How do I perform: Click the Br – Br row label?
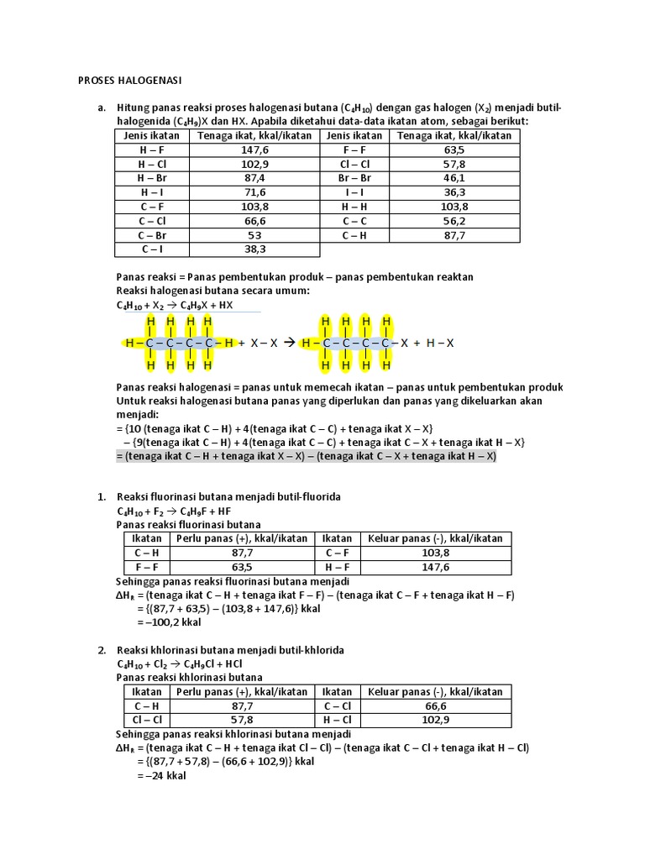pos(354,178)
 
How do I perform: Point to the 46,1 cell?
pos(454,178)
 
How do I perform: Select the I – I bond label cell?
pos(354,192)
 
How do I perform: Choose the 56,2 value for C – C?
pos(454,221)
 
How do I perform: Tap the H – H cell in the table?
pos(354,207)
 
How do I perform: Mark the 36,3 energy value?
pos(454,192)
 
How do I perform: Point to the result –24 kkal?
pos(161,776)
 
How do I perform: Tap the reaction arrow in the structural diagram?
pos(288,343)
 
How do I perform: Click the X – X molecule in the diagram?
pos(262,343)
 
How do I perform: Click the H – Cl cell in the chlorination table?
pos(338,721)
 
